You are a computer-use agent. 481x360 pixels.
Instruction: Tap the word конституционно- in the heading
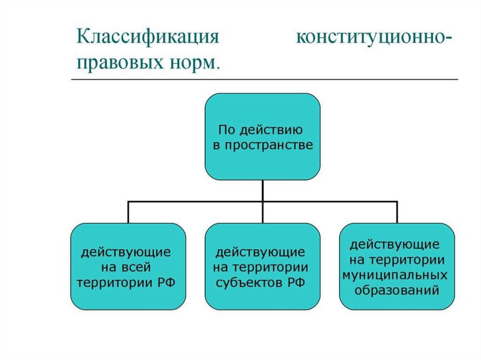click(x=374, y=38)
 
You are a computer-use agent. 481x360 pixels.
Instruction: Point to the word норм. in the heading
click(x=194, y=63)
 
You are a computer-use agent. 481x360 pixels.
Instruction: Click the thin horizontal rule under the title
click(x=264, y=79)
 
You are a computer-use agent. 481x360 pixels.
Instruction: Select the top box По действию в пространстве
click(x=263, y=137)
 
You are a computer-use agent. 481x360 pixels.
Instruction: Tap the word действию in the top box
click(x=271, y=130)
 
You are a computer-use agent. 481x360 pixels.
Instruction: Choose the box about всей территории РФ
click(x=128, y=267)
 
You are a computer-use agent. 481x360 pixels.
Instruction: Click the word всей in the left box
click(x=137, y=267)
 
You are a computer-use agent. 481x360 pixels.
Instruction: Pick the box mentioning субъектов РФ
click(x=263, y=267)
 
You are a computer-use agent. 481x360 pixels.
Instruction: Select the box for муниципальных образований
click(x=397, y=267)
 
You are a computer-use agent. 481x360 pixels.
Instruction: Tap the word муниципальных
click(x=395, y=275)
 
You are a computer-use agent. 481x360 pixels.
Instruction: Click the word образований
click(x=396, y=290)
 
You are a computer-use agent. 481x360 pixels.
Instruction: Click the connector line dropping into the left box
click(x=128, y=212)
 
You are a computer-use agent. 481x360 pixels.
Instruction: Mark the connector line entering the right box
click(x=397, y=212)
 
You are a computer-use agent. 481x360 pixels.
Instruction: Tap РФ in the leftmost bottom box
click(x=166, y=282)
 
